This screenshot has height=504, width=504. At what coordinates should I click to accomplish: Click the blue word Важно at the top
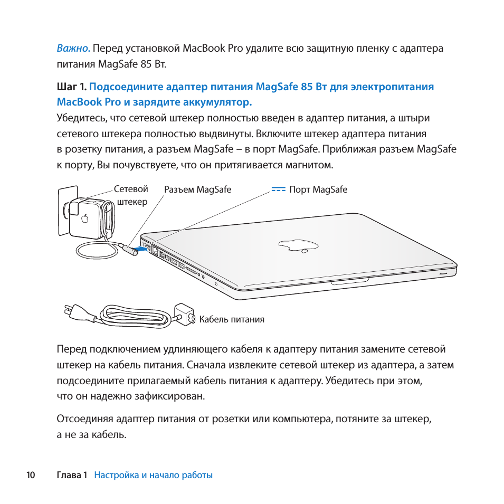(x=73, y=49)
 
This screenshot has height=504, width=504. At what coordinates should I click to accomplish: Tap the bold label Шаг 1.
(x=71, y=87)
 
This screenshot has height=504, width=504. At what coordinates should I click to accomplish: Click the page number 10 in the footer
(x=31, y=475)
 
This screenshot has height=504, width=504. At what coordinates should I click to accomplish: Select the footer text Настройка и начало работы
(x=153, y=475)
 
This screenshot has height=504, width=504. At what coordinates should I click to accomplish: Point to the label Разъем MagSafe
(x=197, y=190)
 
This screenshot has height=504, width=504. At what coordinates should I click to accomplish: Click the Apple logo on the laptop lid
(x=298, y=244)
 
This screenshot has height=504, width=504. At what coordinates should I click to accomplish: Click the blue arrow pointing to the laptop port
(x=137, y=247)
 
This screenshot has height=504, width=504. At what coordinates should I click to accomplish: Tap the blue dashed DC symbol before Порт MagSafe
(x=279, y=189)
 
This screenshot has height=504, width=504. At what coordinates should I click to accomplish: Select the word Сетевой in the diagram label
(x=131, y=189)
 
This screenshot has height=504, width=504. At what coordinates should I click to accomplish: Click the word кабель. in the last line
(x=109, y=435)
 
